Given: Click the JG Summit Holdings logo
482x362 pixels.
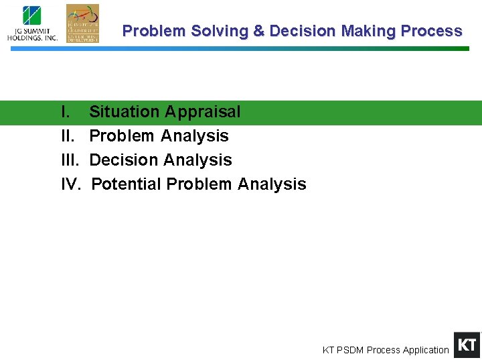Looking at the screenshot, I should click(32, 23).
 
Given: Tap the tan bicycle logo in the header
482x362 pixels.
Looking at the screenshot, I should click(82, 23).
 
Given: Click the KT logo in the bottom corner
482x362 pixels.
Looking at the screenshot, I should click(467, 345).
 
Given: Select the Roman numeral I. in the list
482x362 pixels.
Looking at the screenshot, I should click(66, 112).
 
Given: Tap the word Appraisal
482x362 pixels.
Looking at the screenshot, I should click(203, 112).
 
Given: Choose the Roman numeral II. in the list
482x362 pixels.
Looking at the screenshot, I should click(68, 136).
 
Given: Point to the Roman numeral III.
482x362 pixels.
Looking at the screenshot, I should click(70, 160).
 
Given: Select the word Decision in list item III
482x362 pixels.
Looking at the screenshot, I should click(123, 160).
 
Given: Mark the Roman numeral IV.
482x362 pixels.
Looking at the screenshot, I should click(70, 184).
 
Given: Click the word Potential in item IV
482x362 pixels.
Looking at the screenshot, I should click(127, 184).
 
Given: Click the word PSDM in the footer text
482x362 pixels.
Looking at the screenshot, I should click(351, 350).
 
